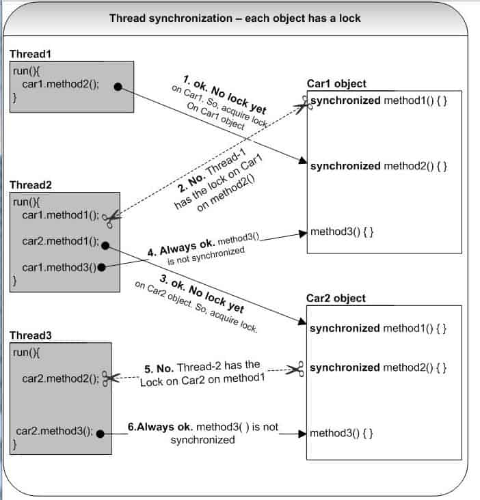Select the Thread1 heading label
pos(31,53)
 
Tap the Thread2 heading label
pos(31,185)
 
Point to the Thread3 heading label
pos(31,336)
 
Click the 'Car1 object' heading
pos(336,83)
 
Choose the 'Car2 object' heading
pos(336,298)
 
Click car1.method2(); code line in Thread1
pos(61,85)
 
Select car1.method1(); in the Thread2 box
pos(61,214)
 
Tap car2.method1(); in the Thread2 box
pos(61,242)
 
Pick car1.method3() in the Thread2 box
pos(59,266)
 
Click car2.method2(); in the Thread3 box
pos(61,378)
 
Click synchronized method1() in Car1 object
pos(378,101)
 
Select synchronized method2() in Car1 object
pos(378,166)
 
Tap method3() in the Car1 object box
pos(341,232)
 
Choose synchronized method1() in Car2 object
pos(378,329)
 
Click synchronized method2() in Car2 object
pos(378,368)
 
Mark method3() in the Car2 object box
pos(341,433)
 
